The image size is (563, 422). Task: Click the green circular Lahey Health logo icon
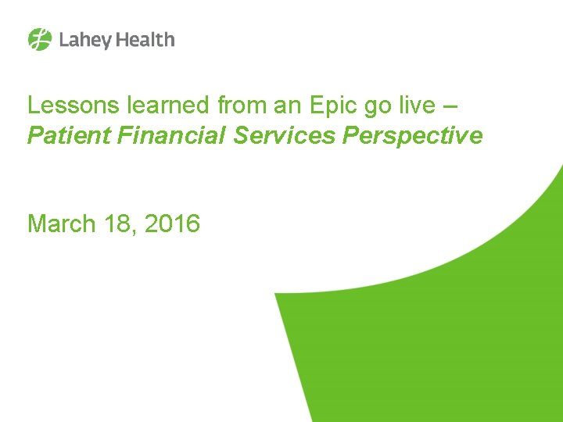pyautogui.click(x=40, y=39)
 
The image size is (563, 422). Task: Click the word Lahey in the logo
pyautogui.click(x=82, y=40)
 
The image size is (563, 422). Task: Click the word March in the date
pyautogui.click(x=59, y=224)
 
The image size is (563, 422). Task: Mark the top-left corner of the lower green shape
pyautogui.click(x=276, y=295)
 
